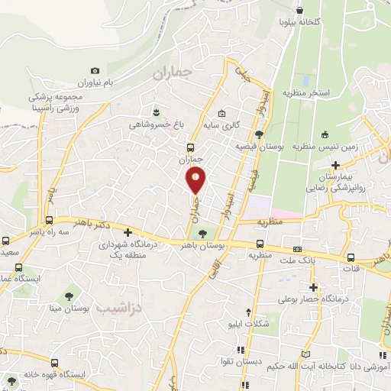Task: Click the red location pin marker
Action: coord(196,179)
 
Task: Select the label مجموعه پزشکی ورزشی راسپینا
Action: coord(58,102)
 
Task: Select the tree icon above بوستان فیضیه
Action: coord(260,134)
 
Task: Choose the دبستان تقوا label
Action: coord(246,361)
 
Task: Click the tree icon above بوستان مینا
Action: coord(70,294)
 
